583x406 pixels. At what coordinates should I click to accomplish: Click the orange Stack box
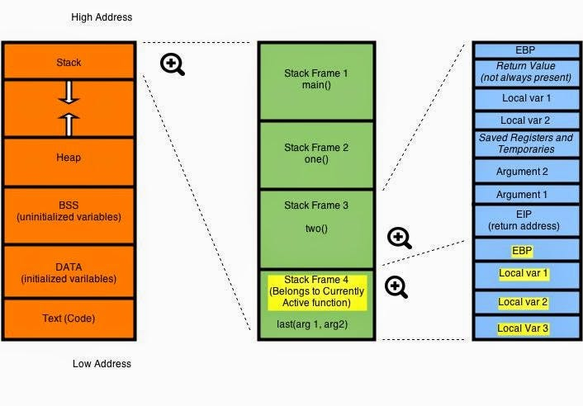tap(69, 62)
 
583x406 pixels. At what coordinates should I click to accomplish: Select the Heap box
tap(69, 158)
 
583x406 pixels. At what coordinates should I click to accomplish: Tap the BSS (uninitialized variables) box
tap(69, 211)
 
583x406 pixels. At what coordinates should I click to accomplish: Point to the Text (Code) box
tap(69, 318)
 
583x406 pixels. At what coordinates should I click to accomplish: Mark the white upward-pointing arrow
tap(69, 123)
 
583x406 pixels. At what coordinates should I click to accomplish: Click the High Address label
tap(102, 17)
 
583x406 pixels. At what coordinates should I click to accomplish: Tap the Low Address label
tap(101, 363)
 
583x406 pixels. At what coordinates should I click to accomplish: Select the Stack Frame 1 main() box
tap(316, 79)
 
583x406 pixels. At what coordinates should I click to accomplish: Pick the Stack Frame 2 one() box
tap(316, 153)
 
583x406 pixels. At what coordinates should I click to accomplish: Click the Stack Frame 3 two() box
tap(316, 216)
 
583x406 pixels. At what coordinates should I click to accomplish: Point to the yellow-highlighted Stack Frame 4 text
tap(316, 291)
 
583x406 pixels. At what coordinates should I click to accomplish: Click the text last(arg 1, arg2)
tap(316, 324)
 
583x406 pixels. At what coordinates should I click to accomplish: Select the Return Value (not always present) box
tap(526, 72)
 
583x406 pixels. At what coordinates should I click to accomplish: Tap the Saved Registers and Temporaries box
tap(526, 144)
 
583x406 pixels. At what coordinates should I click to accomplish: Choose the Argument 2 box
tap(526, 171)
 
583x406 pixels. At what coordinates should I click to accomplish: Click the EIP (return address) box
tap(526, 220)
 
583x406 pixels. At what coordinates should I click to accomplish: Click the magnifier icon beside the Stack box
tap(173, 64)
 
